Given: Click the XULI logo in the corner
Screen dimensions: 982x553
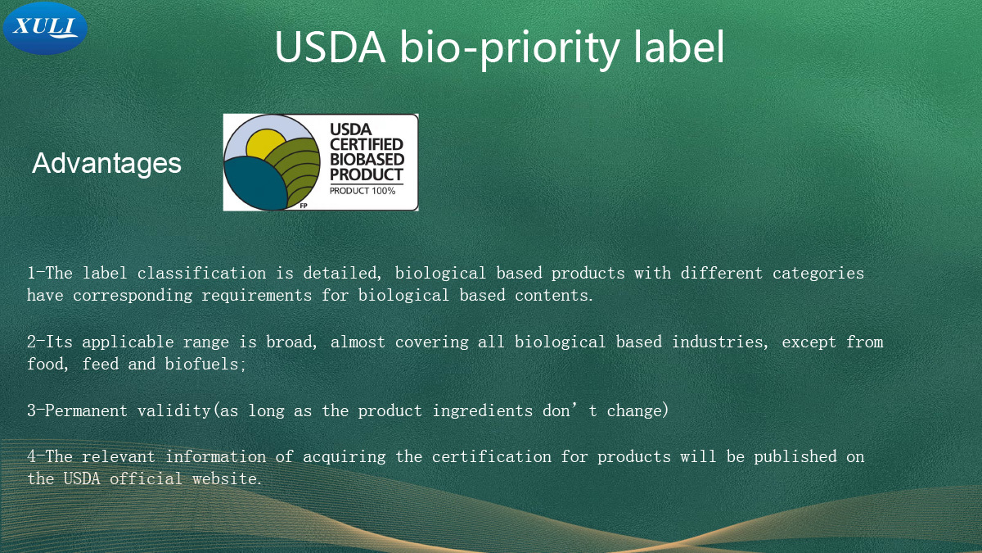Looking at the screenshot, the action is pyautogui.click(x=45, y=28).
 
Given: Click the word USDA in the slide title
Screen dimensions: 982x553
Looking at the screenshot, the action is pyautogui.click(x=330, y=47).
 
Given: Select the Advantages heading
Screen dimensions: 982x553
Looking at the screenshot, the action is pyautogui.click(x=106, y=163).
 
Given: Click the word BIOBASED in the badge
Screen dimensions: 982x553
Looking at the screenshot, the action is pyautogui.click(x=367, y=159).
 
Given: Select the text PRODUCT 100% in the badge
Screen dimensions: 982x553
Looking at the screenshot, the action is pyautogui.click(x=363, y=191).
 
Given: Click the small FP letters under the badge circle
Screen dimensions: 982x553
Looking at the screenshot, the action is pyautogui.click(x=304, y=206).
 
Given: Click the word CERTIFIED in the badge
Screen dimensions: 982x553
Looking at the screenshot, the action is pyautogui.click(x=367, y=144).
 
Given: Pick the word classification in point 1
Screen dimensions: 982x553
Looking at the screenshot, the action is pyautogui.click(x=201, y=273).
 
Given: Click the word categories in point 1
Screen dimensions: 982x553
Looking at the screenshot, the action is pyautogui.click(x=818, y=274).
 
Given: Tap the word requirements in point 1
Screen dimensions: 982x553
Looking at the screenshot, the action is pyautogui.click(x=256, y=296).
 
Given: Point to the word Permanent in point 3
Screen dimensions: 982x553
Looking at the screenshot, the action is pyautogui.click(x=86, y=410).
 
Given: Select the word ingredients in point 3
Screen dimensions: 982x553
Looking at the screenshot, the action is pyautogui.click(x=482, y=411).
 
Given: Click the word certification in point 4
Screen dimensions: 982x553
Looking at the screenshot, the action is pyautogui.click(x=492, y=457).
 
